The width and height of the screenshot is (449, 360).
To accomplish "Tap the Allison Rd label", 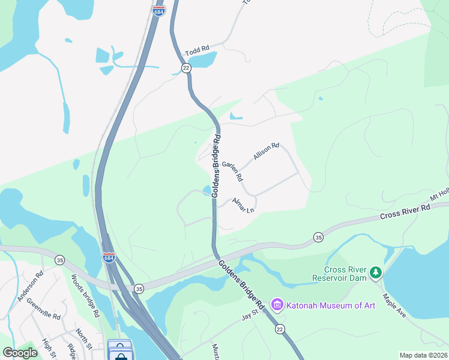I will [x=267, y=151].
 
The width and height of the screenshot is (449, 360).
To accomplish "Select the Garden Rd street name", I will [x=232, y=172].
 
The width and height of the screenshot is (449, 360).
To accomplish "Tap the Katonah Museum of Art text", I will [x=331, y=305].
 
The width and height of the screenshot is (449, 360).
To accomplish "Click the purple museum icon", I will [x=277, y=305].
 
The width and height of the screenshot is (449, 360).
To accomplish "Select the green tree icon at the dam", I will [x=376, y=273].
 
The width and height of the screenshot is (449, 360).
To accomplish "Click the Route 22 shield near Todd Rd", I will [x=186, y=68].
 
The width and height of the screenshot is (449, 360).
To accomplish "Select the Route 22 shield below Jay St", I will [x=280, y=329].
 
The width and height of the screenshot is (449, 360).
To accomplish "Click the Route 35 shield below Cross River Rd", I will [x=318, y=238].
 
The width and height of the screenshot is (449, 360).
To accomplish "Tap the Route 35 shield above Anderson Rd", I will [x=59, y=260].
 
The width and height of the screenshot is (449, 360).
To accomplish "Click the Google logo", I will [x=20, y=353].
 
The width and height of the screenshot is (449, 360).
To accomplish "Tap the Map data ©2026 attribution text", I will [x=423, y=355].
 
